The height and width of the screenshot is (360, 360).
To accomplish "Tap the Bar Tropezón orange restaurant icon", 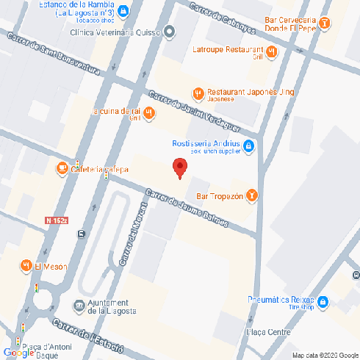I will click(251, 195).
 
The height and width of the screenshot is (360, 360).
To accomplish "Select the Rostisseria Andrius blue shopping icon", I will click(249, 146).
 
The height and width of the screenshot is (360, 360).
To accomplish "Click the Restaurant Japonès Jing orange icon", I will click(198, 93).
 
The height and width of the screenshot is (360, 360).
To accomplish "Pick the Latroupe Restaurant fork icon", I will click(271, 51).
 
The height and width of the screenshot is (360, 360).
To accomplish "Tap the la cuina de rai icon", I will click(149, 112).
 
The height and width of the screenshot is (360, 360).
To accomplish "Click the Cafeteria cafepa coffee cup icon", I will click(62, 169).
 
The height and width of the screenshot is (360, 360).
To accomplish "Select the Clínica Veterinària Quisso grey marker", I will click(170, 32).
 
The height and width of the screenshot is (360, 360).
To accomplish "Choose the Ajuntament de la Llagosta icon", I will click(79, 305).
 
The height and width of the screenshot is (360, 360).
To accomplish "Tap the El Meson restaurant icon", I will click(26, 265).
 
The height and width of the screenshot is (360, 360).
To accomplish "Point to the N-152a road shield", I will click(56, 220).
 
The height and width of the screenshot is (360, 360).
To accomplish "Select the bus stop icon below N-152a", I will click(80, 235).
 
